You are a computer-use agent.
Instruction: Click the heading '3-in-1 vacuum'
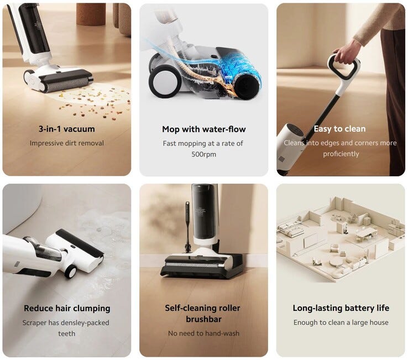[66, 129]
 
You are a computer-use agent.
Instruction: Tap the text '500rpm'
[204, 154]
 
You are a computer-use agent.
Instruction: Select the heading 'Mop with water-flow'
[204, 129]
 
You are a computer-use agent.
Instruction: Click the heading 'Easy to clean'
[339, 129]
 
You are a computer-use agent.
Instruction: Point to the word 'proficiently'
[341, 154]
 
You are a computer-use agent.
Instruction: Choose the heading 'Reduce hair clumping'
[67, 308]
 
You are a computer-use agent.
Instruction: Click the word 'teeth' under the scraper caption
[66, 333]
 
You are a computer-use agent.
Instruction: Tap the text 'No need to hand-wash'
[204, 333]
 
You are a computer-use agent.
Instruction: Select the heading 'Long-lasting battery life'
[341, 308]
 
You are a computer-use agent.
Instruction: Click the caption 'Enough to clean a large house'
[341, 322]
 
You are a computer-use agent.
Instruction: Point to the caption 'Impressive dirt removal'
[66, 143]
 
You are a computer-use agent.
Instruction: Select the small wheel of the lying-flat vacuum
[70, 271]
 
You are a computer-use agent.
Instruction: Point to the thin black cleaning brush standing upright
[187, 227]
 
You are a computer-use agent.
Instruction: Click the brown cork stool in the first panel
[91, 14]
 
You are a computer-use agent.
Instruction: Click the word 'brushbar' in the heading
[204, 319]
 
